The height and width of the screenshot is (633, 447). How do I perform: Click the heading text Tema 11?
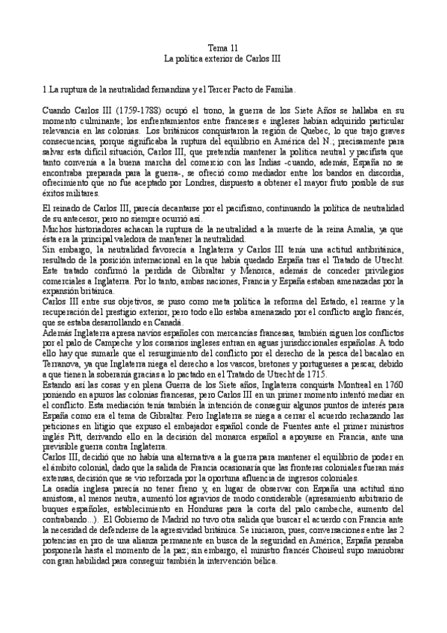223,46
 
